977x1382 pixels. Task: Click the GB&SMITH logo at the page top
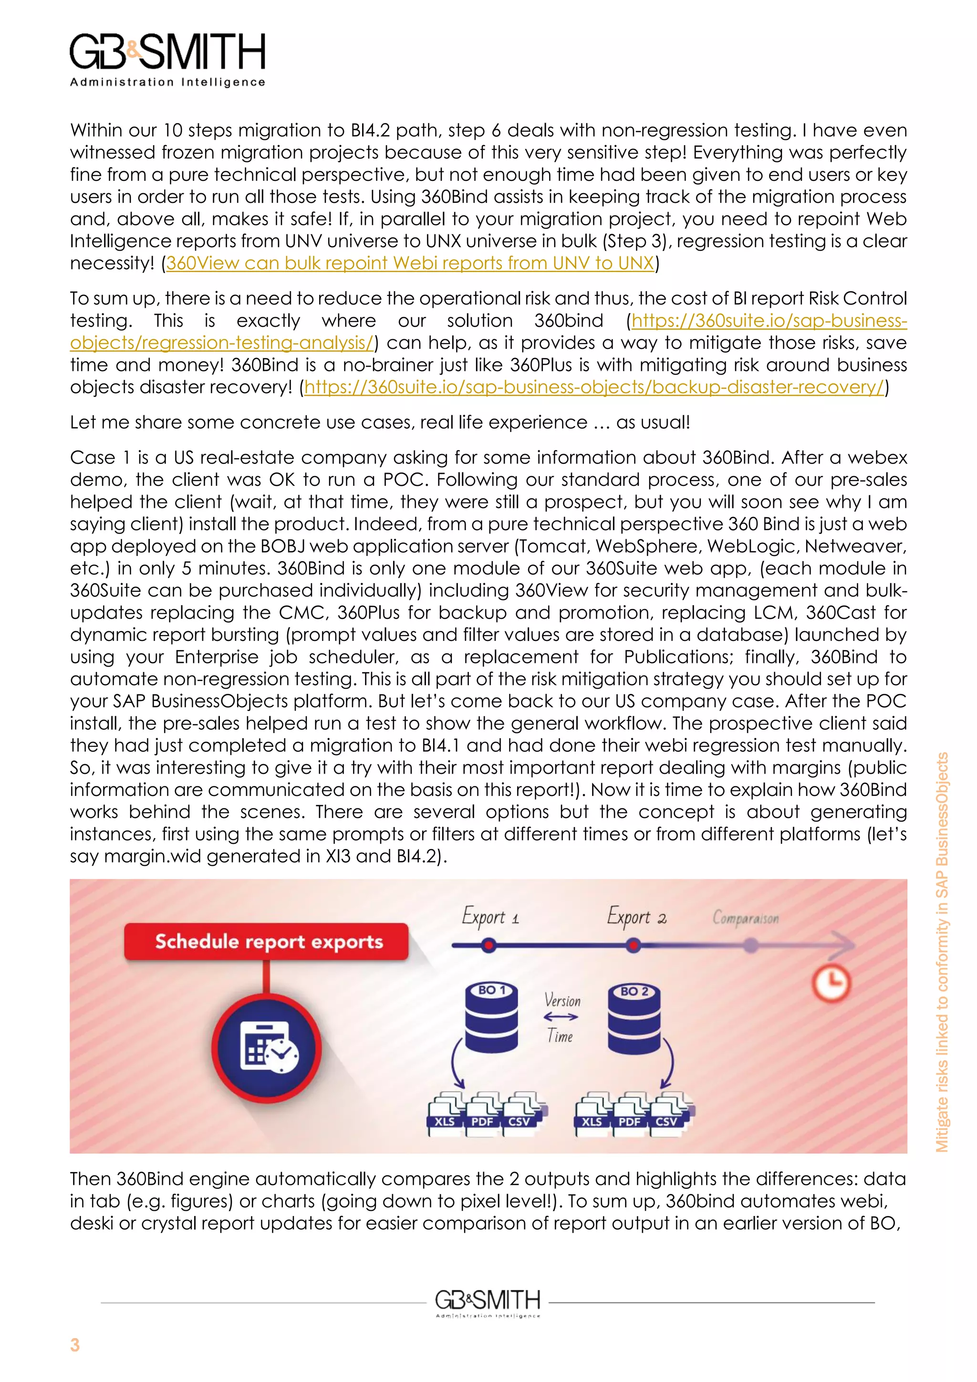coord(167,59)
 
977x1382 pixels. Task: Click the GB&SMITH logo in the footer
coord(487,1303)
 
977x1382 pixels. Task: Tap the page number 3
coord(74,1345)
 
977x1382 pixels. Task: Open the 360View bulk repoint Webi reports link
coord(410,263)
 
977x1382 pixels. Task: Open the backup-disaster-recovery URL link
coord(594,387)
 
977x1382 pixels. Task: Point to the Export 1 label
coord(490,917)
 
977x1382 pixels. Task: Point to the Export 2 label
coord(636,917)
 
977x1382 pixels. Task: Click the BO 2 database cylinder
coord(634,1018)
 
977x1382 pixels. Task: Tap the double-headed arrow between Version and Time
coord(561,1018)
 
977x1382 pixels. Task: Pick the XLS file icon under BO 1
coord(445,1114)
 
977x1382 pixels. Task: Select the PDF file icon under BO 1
coord(482,1114)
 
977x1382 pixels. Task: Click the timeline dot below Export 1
coord(488,946)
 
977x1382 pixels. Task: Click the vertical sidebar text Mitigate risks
coord(942,951)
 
